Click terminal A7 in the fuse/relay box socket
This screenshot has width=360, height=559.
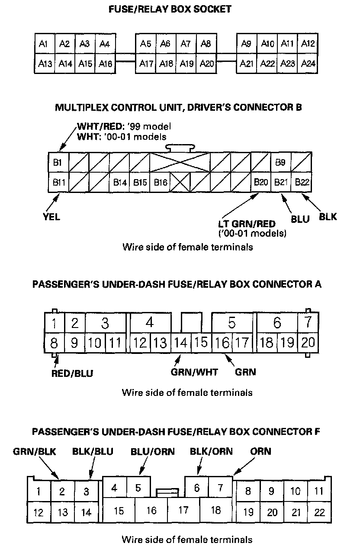point(186,44)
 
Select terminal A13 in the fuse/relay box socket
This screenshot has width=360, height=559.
point(45,64)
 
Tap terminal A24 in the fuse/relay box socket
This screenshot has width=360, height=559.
point(308,64)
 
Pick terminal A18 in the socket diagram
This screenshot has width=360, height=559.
point(166,64)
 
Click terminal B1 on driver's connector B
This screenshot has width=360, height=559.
point(58,163)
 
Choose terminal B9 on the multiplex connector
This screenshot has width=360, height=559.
point(280,163)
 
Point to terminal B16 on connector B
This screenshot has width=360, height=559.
point(160,183)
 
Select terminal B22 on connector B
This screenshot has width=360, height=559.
point(302,183)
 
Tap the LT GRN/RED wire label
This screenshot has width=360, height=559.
point(247,224)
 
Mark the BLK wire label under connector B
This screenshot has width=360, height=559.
point(328,217)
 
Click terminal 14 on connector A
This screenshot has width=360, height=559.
point(181,343)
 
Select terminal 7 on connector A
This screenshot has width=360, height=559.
point(308,323)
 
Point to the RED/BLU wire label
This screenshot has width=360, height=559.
point(72,373)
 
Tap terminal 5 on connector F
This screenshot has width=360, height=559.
point(138,488)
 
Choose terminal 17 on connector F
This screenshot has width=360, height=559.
point(183,510)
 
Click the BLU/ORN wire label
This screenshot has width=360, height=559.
point(152,451)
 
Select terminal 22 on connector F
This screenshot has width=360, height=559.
point(319,513)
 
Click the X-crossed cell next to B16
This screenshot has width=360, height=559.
point(180,183)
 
